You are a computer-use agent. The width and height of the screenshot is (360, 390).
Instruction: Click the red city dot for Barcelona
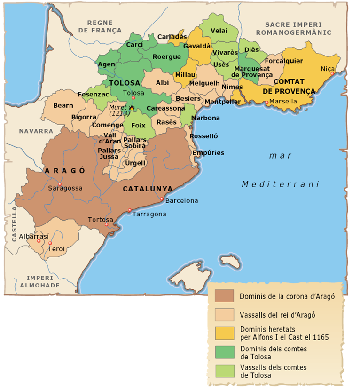pyautogui.click(x=162, y=199)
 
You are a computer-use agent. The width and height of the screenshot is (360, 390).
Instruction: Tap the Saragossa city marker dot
pyautogui.click(x=60, y=184)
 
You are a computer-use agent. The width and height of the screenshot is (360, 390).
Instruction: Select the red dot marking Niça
pyautogui.click(x=332, y=74)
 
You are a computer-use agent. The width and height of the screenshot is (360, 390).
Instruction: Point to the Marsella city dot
pyautogui.click(x=266, y=102)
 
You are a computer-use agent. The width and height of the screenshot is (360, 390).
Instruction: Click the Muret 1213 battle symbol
pyautogui.click(x=132, y=108)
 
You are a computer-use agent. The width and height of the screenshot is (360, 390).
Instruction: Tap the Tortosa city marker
pyautogui.click(x=107, y=224)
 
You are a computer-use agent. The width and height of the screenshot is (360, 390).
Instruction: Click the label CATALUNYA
pyautogui.click(x=148, y=189)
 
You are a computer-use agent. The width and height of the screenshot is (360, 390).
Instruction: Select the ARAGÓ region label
pyautogui.click(x=65, y=171)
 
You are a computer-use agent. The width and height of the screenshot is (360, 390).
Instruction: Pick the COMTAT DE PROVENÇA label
pyautogui.click(x=289, y=87)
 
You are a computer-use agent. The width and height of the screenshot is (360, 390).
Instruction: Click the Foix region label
pyautogui.click(x=138, y=126)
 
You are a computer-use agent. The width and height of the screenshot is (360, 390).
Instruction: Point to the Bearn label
pyautogui.click(x=63, y=105)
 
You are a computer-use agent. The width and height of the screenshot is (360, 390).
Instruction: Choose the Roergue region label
pyautogui.click(x=166, y=57)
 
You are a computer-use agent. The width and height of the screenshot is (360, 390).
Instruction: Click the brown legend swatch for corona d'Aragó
pyautogui.click(x=224, y=295)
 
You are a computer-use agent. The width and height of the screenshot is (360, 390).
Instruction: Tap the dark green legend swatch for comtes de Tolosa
pyautogui.click(x=224, y=352)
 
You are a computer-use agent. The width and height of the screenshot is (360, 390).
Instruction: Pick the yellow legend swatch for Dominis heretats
pyautogui.click(x=224, y=333)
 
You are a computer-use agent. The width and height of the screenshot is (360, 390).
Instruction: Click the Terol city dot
pyautogui.click(x=50, y=243)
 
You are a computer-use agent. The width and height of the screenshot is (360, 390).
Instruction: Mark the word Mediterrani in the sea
pyautogui.click(x=280, y=184)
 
